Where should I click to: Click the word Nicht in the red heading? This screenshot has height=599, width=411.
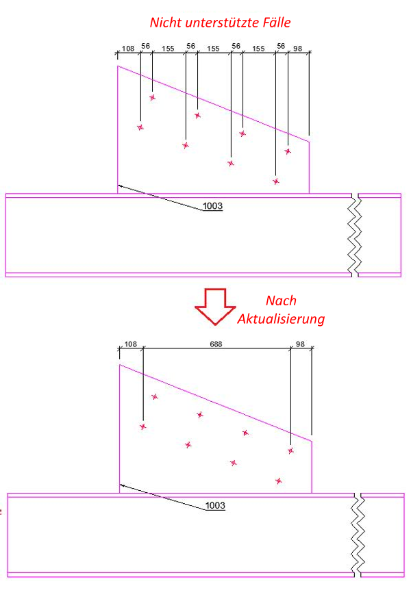pos(166,22)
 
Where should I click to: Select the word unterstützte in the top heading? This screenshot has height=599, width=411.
pos(219,22)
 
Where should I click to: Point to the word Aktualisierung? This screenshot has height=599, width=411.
pos(280,318)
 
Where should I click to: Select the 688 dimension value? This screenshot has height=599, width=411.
pos(216,344)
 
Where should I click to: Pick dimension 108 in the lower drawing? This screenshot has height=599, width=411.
pos(131,344)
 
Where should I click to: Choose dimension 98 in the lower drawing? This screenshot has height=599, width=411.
pos(301,344)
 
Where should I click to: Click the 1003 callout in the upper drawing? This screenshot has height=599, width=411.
pos(212,206)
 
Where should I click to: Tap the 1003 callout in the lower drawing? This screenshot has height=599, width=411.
pos(215,506)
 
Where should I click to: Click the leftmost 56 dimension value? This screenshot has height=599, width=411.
pos(145,47)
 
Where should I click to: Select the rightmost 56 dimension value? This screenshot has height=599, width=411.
pos(281,47)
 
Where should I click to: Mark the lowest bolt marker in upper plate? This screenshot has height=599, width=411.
pos(276,181)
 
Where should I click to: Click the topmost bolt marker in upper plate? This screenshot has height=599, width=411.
pos(152,97)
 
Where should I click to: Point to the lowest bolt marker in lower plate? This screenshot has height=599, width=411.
pos(279,481)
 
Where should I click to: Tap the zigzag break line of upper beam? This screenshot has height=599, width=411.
pos(355,235)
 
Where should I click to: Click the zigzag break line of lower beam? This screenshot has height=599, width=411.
pos(358,534)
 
